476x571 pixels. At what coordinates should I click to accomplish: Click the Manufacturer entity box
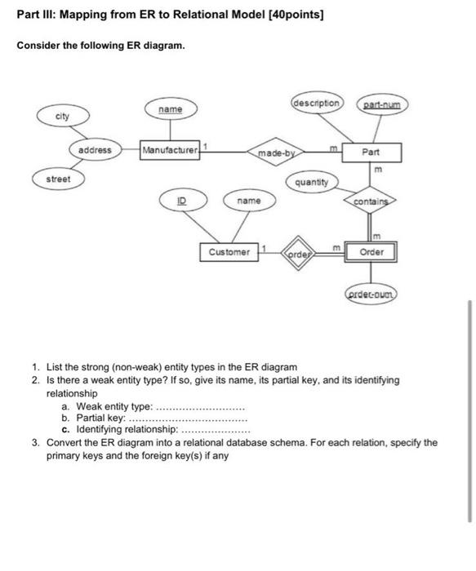[x=170, y=150]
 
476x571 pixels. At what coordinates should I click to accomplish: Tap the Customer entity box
[x=229, y=252]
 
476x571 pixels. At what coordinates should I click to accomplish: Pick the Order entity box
[x=371, y=252]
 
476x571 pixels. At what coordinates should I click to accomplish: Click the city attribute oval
[x=62, y=117]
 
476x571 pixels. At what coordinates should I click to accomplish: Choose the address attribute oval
[x=95, y=150]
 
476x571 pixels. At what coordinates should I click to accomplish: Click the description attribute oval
[x=316, y=104]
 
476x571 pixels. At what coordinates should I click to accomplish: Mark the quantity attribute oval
[x=311, y=183]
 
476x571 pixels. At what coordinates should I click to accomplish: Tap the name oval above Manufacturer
[x=170, y=108]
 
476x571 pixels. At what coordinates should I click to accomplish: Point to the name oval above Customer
[x=248, y=200]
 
